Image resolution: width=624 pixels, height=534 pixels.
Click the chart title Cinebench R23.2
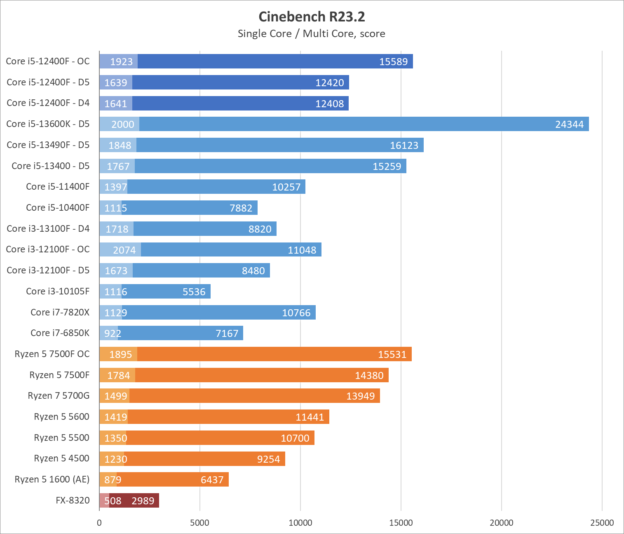pos(312,16)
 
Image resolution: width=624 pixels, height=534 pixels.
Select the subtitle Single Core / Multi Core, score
pos(312,34)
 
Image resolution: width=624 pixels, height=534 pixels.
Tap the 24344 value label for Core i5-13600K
pos(569,124)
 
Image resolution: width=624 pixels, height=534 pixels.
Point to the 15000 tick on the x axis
pos(401,523)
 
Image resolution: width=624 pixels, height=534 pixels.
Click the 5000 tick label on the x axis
pos(199,523)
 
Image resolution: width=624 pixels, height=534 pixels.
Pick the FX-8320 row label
pos(73,501)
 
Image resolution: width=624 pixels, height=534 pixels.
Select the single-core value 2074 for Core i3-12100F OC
pos(124,250)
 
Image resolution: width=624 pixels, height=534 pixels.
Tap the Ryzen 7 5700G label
pos(59,396)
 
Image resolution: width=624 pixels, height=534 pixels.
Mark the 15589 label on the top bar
pos(393,61)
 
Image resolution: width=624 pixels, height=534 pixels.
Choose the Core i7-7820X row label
pos(60,312)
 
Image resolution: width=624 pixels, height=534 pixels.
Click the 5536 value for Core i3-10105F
pos(194,292)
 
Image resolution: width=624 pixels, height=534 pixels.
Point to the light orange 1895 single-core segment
pos(120,354)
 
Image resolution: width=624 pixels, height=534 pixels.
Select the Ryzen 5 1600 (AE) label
pos(52,480)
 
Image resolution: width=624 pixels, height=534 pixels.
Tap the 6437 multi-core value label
pos(212,480)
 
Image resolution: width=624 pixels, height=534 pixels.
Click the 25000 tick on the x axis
pos(602,523)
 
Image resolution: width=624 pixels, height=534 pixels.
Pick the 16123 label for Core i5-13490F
pos(404,145)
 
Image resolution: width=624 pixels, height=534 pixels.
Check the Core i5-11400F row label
pos(58,187)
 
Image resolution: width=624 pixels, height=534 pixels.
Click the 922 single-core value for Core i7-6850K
pos(112,333)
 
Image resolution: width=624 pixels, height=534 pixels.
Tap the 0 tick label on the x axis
pos(99,523)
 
